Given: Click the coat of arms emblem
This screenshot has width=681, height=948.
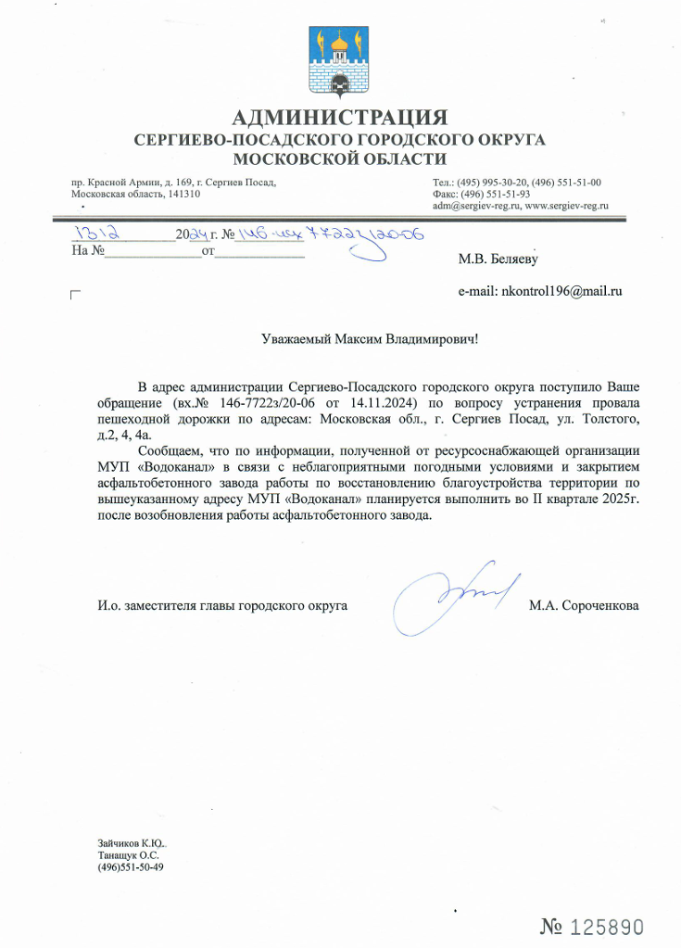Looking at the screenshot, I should click(x=340, y=62).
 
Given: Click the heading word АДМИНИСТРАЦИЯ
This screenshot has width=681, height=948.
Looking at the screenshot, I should click(x=340, y=118).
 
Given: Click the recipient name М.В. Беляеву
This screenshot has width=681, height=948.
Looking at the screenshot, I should click(x=498, y=259).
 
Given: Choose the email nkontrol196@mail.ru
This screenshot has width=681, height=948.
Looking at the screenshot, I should click(x=561, y=290).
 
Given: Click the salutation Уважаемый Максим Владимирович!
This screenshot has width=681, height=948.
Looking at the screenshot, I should click(x=370, y=339).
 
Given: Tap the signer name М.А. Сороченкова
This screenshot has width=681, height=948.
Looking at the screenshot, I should click(x=583, y=606).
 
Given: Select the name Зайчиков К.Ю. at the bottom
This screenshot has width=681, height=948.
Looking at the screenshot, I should click(x=130, y=843).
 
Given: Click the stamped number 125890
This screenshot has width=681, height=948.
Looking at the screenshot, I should click(x=607, y=926).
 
